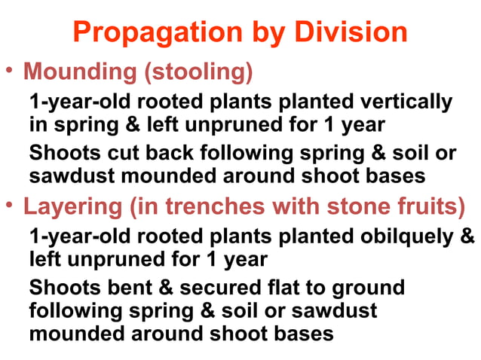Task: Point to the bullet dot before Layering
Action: tap(9, 204)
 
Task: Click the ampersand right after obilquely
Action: tap(467, 236)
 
